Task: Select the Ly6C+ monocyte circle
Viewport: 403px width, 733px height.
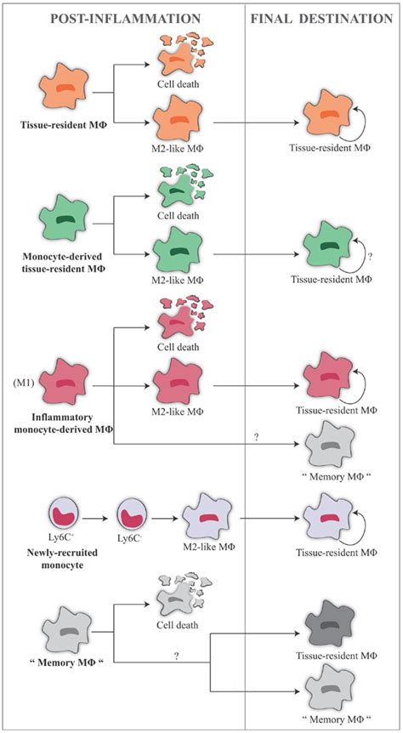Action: point(65,517)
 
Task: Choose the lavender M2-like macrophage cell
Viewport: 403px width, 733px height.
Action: point(209,517)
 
